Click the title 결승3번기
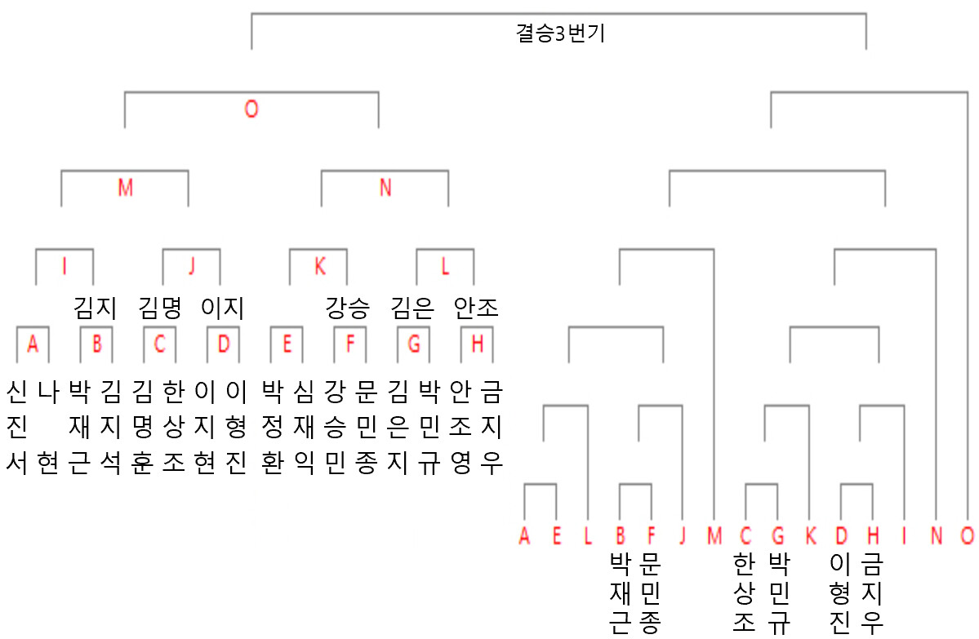point(560,33)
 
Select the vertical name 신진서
point(17,427)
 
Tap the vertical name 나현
point(48,427)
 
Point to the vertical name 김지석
point(111,427)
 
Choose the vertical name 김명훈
point(143,427)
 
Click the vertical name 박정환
point(272,427)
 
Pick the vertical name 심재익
point(304,427)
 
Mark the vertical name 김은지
point(398,427)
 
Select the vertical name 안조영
point(461,427)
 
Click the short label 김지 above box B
point(96,308)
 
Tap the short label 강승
point(348,308)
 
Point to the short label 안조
point(476,308)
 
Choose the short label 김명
point(160,308)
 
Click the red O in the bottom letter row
point(967,535)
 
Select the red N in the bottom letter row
point(937,535)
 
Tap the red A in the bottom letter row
point(524,535)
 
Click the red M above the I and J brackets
point(126,187)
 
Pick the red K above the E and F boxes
point(320,267)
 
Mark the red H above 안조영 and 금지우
point(477,344)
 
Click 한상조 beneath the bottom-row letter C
point(744,592)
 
